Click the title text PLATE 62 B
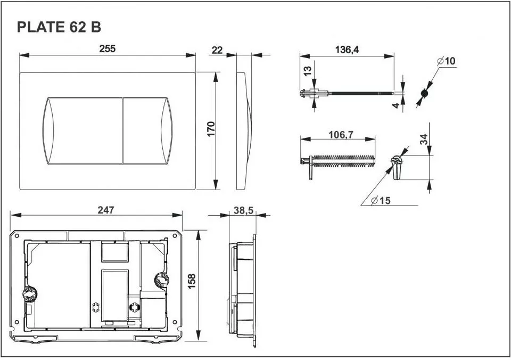click(x=59, y=27)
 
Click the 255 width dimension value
click(x=107, y=48)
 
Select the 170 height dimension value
click(x=211, y=129)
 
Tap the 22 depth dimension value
click(x=217, y=50)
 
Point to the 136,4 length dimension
click(x=347, y=50)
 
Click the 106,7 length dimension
click(x=341, y=134)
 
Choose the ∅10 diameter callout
click(x=446, y=61)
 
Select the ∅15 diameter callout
click(x=381, y=200)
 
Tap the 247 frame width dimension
click(x=106, y=210)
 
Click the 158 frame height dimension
click(x=192, y=281)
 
